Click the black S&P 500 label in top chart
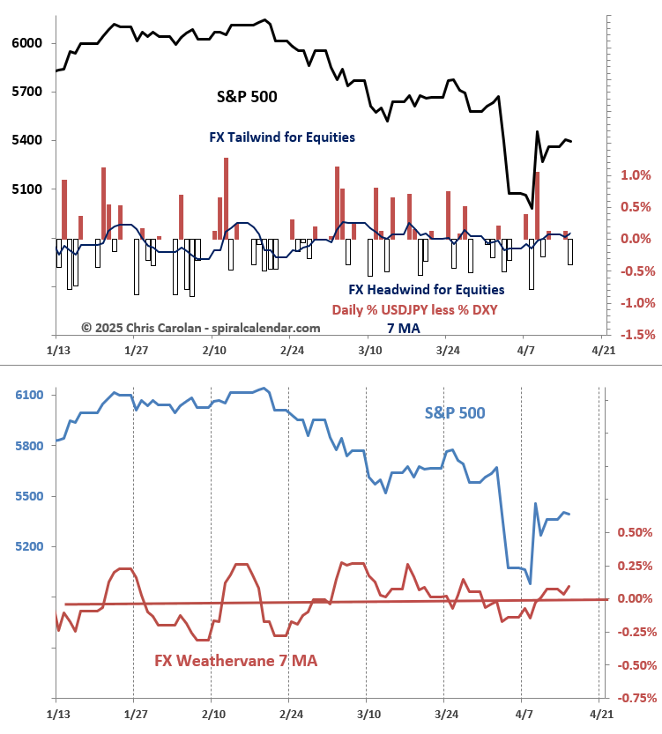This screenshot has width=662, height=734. pos(247,97)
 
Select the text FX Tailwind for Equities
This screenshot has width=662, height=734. pos(282,137)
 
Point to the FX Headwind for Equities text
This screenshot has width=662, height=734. pos(427,289)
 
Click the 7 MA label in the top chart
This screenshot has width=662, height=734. pos(403,328)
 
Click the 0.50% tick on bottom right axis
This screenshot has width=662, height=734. pos(635,532)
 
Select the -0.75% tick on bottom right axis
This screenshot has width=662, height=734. pos(633,698)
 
